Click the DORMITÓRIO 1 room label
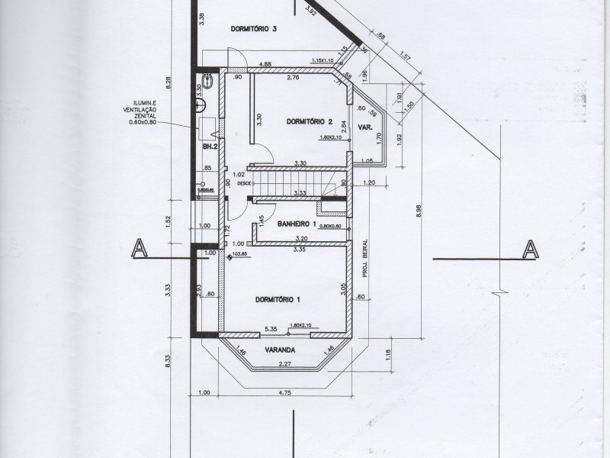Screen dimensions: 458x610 [x=278, y=299]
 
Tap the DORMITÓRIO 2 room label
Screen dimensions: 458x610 [x=310, y=121]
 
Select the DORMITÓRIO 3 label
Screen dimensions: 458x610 [x=252, y=28]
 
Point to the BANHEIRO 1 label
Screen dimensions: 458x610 [x=297, y=224]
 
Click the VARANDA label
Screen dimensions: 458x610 [x=280, y=350]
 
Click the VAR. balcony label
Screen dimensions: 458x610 [x=366, y=128]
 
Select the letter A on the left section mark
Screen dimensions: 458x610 [x=139, y=249]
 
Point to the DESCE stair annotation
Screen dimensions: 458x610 [x=244, y=184]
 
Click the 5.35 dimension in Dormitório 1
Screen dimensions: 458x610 [x=270, y=329]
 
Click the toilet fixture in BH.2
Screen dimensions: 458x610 [x=208, y=80]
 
